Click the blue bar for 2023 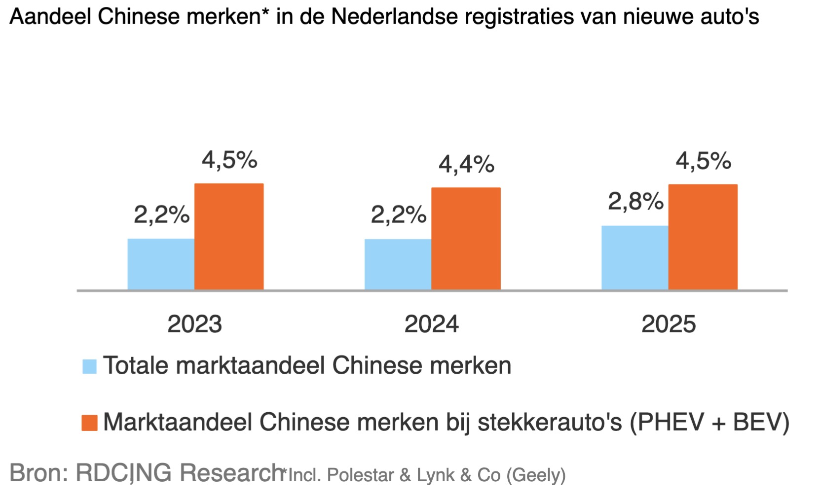point(161,264)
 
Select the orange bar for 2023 point(229,237)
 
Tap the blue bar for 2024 point(398,264)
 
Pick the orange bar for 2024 point(466,239)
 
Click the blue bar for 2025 point(634,258)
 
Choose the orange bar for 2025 point(703,237)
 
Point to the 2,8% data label point(635,202)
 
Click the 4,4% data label point(466,164)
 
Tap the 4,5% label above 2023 point(229,160)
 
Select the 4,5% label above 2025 point(703,161)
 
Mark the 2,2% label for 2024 point(398,215)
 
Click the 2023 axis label point(194,324)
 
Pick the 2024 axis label point(431,324)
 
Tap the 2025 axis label point(668,324)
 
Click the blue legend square point(89,366)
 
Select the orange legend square point(89,423)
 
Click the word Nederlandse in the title point(395,17)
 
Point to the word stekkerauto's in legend point(550,423)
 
